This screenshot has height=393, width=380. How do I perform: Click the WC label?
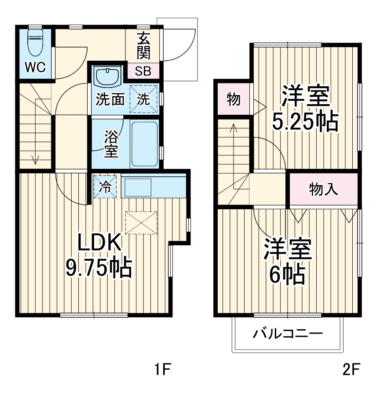(x=35, y=67)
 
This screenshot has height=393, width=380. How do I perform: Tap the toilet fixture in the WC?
(x=34, y=40)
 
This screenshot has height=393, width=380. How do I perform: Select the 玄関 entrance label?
(x=143, y=46)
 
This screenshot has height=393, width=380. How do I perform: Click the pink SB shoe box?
(x=143, y=72)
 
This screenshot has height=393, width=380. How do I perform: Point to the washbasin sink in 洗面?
(x=107, y=78)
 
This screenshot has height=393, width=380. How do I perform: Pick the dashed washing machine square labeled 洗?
(x=144, y=99)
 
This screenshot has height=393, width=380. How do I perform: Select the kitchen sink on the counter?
(x=138, y=187)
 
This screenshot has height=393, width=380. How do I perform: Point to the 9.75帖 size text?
(x=99, y=267)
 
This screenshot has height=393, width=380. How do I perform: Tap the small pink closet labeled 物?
(x=233, y=100)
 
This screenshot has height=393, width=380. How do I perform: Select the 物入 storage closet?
(x=323, y=189)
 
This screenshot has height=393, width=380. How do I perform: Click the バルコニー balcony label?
(x=288, y=334)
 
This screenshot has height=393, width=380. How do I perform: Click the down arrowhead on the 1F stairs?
(x=35, y=161)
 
